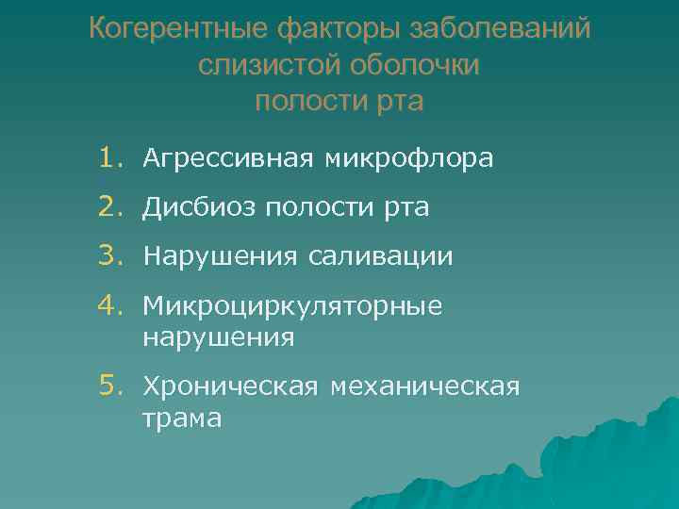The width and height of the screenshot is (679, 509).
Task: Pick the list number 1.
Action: (112, 158)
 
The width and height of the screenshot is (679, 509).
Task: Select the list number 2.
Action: (112, 207)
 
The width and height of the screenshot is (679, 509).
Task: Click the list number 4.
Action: (112, 304)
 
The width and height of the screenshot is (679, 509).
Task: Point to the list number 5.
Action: (112, 386)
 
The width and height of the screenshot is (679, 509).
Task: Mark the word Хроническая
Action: (230, 386)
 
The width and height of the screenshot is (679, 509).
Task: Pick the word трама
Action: (182, 418)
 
